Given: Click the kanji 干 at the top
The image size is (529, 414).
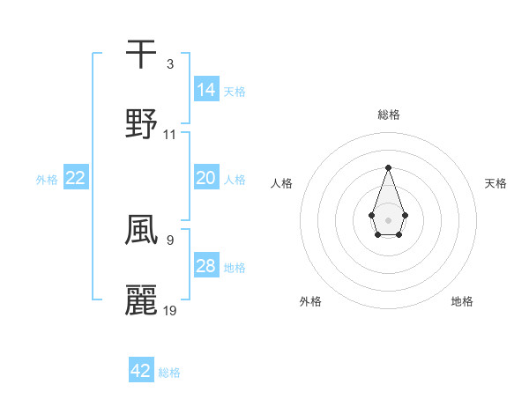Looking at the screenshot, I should coord(141,54).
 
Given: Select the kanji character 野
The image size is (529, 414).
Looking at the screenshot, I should coord(141,123).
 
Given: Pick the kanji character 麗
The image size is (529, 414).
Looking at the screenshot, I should coord(141,299).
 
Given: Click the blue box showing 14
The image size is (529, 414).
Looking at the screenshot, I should coord(206,89).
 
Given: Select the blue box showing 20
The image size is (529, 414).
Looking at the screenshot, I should coord(206,178).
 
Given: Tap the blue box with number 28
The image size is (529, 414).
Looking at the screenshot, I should coord(206,266).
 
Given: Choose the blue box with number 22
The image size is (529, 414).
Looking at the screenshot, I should coord(76,178).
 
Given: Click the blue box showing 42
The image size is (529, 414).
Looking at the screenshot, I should coord(141,371).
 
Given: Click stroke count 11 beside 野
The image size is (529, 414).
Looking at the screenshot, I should coord(170,135).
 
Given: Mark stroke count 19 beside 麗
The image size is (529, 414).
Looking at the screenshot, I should coord(170,310).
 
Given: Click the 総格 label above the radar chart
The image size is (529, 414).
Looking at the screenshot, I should coord(388,115).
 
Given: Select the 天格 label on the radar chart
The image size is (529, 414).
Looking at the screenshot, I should coord(495,183).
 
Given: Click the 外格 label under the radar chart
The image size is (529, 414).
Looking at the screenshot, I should coord(310,301).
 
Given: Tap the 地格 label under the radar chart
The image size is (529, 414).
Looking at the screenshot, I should coord(462,301).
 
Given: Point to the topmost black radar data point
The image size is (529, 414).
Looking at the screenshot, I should coord(388,167).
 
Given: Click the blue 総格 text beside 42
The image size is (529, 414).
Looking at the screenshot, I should coord(169,373).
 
